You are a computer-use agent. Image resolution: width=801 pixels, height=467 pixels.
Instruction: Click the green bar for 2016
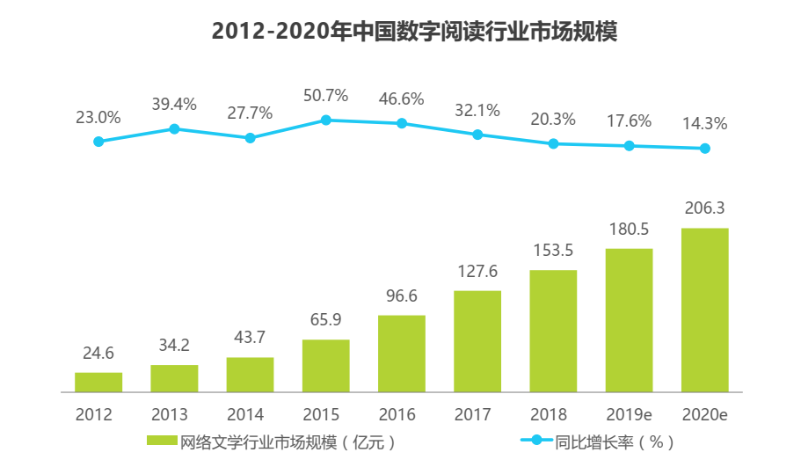point(402,354)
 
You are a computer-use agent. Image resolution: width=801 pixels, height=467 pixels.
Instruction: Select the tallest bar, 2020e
point(705,310)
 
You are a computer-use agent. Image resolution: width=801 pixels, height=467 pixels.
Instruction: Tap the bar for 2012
point(98,382)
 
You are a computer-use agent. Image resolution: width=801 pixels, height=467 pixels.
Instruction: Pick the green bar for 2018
point(553,331)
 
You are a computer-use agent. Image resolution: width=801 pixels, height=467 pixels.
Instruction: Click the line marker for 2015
point(326,120)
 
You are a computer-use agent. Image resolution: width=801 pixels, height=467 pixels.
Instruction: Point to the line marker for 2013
point(174,129)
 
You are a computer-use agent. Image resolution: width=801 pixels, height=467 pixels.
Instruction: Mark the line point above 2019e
point(630,146)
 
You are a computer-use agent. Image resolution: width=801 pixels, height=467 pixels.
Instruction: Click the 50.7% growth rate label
point(326,94)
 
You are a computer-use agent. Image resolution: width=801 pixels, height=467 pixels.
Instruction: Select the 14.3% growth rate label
point(705,124)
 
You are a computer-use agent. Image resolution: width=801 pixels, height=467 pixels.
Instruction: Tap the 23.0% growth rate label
point(98,117)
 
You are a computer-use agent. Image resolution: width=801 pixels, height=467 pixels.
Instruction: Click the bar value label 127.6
point(477,271)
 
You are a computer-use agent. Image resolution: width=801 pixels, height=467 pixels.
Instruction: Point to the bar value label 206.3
point(705,208)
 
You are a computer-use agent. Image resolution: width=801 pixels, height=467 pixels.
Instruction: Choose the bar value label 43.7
point(250,338)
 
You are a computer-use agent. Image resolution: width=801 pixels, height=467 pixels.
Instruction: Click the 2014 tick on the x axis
point(250,413)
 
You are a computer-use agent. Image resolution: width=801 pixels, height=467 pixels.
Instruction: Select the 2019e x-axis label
point(630,413)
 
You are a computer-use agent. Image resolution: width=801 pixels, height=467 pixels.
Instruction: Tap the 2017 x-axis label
point(477,413)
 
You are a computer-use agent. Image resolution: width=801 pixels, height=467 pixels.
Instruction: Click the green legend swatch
point(163,441)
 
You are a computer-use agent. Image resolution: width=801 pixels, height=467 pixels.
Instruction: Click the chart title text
point(415,32)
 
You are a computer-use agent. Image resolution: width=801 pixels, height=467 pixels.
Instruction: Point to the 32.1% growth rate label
point(477,110)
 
